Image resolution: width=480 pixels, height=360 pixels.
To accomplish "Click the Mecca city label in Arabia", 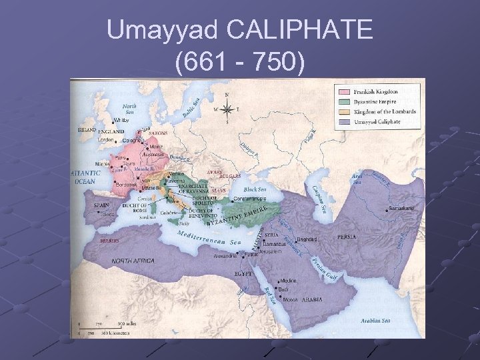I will (291, 299).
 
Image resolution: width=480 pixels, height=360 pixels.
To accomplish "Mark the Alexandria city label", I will (226, 255).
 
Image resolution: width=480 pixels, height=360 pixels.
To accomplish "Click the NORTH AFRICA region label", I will (133, 261).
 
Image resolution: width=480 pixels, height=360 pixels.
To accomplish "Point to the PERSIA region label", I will (346, 236).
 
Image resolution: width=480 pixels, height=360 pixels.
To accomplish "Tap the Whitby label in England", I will (121, 121).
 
